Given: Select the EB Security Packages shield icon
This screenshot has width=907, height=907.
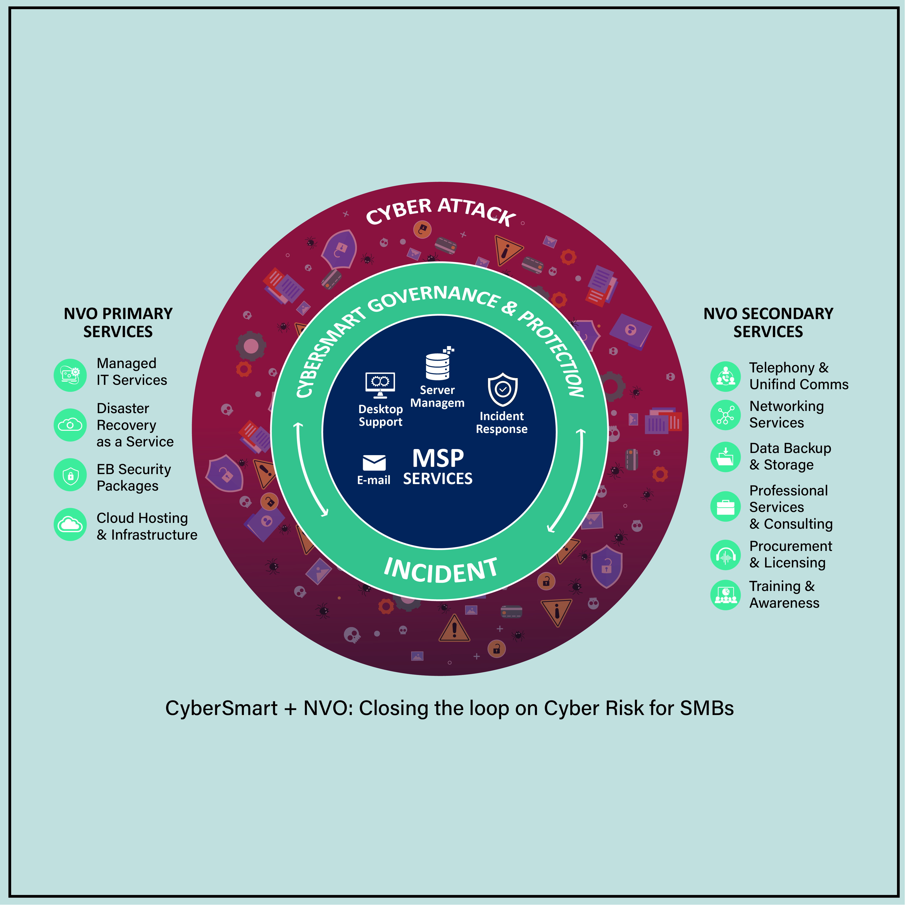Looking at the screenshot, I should [70, 475].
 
